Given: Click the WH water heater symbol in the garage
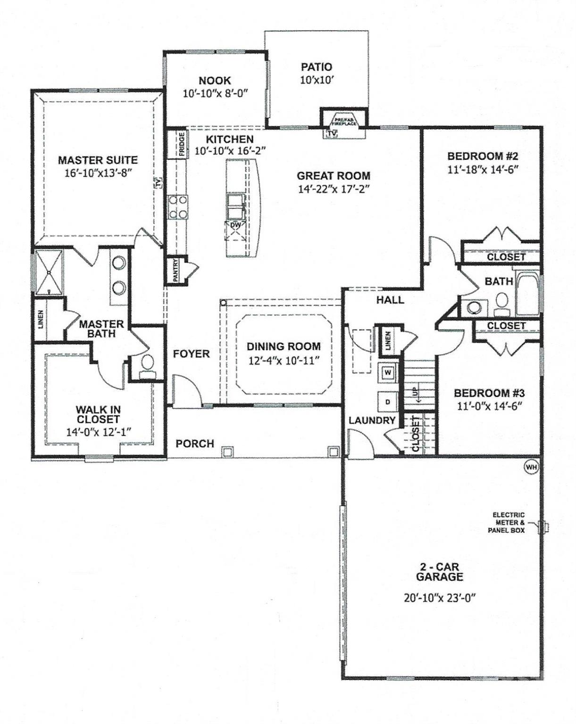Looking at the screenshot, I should coord(531,467).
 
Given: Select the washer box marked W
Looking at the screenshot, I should coord(388,372).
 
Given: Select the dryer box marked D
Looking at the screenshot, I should coord(388,402).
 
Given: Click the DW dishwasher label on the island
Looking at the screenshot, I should coord(235,226).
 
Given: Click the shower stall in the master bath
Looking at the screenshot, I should coord(49,272).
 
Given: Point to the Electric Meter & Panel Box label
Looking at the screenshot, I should coord(509,523).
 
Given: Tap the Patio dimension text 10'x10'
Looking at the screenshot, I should coord(317,80).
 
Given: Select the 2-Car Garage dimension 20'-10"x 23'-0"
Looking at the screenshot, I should coord(439,598).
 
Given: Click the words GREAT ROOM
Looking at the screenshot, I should coord(333,176).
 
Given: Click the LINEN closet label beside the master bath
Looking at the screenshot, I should coord(41,319).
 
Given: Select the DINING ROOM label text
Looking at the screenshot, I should coord(284,346).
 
